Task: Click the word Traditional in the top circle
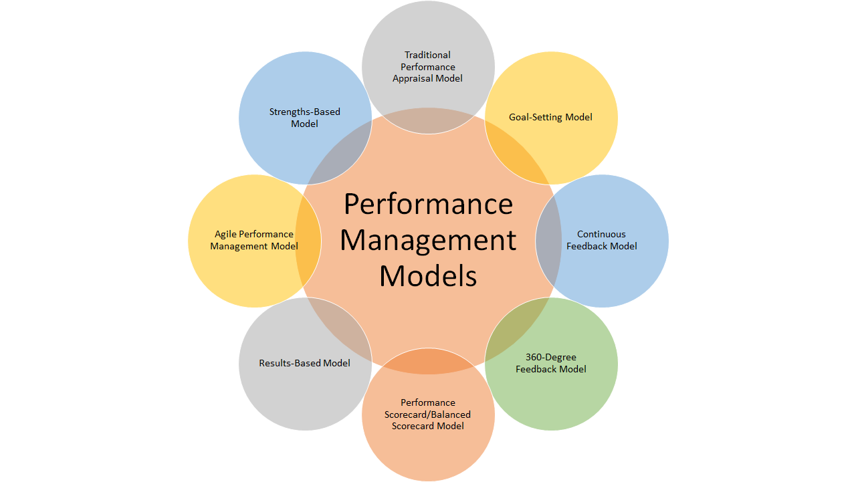pos(427,55)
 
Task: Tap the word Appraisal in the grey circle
pos(414,78)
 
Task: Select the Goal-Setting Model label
pos(550,117)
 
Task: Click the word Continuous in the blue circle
pos(601,234)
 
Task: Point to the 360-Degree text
pos(550,357)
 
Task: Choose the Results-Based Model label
pos(304,363)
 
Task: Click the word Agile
pos(226,234)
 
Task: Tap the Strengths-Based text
pos(304,112)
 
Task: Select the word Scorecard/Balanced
pos(427,414)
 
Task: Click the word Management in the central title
pos(428,240)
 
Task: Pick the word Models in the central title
pos(428,275)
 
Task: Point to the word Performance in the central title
pos(428,204)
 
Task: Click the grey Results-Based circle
pos(288,401)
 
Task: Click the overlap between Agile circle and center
pos(308,241)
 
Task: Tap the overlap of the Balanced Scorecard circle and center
pos(428,361)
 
